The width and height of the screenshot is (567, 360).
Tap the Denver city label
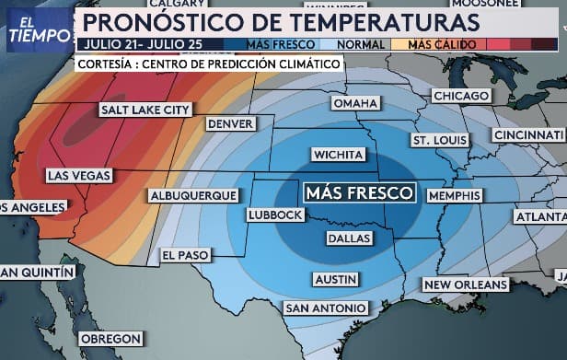(x=230, y=124)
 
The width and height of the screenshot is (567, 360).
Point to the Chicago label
(x=460, y=97)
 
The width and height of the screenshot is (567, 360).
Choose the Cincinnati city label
(x=529, y=134)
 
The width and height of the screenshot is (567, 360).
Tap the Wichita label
(x=339, y=155)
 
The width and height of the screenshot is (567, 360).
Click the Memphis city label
(x=455, y=196)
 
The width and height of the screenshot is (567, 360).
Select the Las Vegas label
(x=79, y=175)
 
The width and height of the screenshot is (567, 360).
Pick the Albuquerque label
(x=194, y=196)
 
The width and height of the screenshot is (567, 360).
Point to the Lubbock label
(x=274, y=215)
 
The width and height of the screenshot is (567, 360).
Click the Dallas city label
(x=349, y=238)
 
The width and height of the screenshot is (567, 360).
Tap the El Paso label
(x=186, y=255)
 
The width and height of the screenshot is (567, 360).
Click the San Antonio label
(x=325, y=308)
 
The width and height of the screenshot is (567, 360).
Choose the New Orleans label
(x=466, y=285)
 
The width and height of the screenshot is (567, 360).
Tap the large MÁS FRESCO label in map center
(x=360, y=193)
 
